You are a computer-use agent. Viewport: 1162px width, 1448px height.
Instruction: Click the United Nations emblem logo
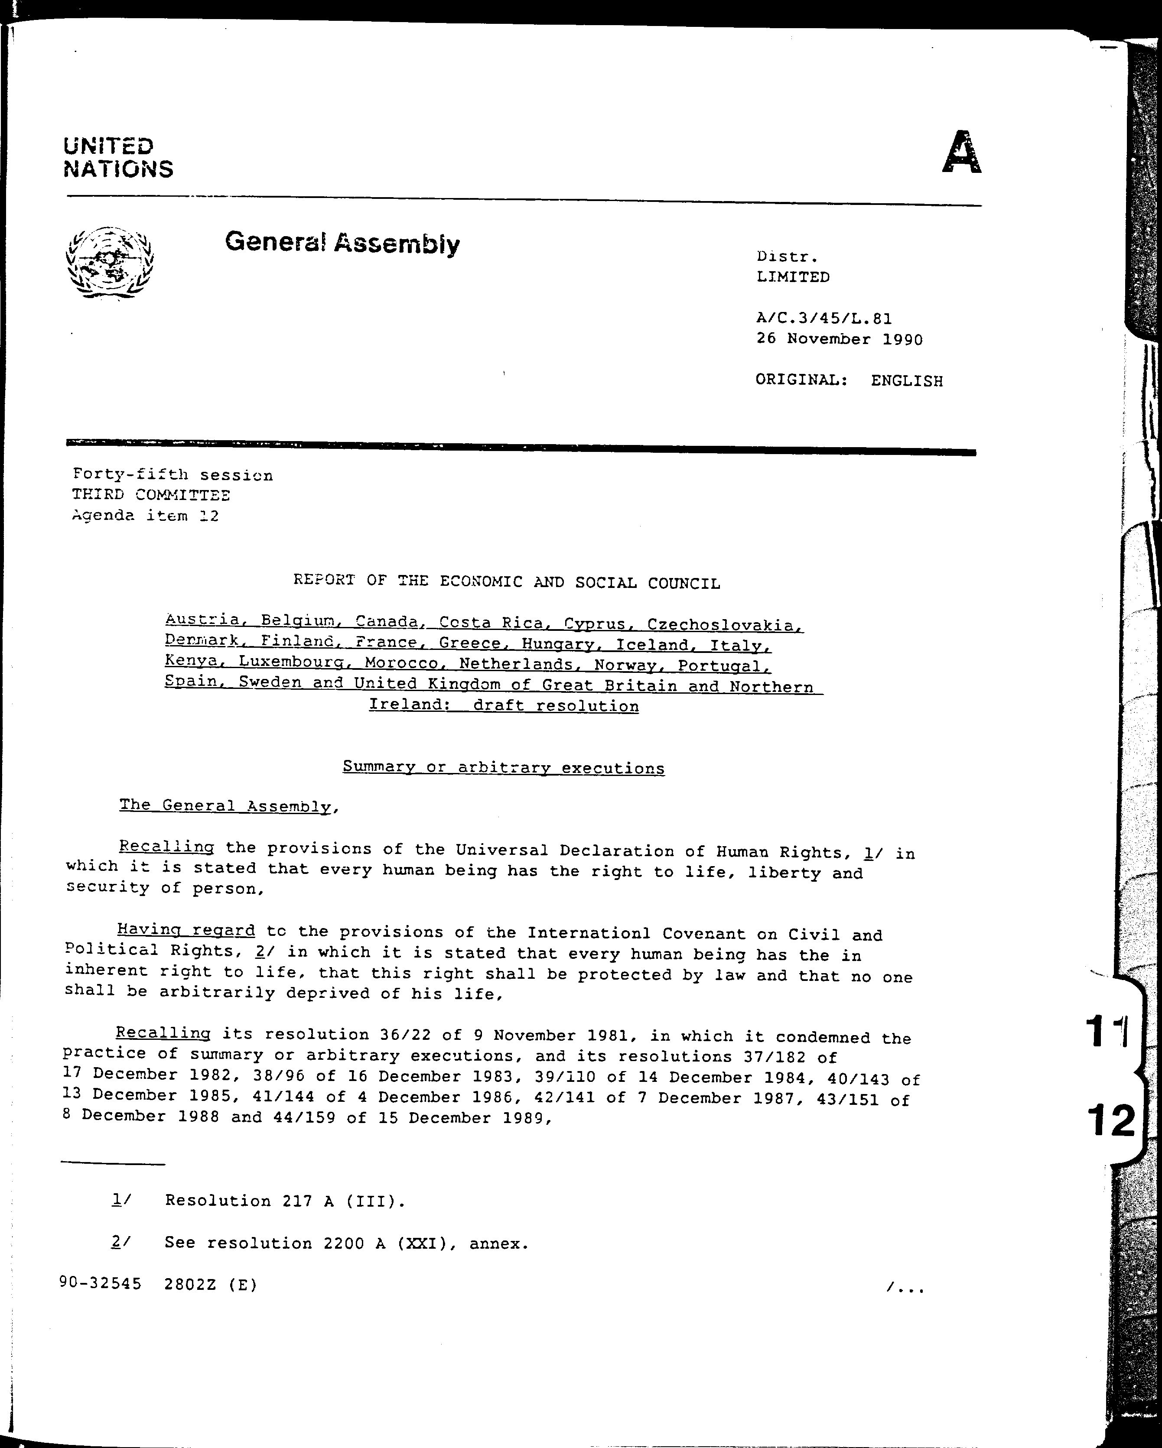(x=110, y=263)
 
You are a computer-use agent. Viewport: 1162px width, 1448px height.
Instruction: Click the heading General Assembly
(x=342, y=243)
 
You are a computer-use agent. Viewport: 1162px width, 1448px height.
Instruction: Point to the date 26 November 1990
(x=839, y=339)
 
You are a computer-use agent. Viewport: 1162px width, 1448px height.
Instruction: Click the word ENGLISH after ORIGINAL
(x=907, y=381)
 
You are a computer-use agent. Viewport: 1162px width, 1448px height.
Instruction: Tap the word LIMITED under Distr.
(x=793, y=277)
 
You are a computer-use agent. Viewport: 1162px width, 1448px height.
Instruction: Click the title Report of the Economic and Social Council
(x=506, y=581)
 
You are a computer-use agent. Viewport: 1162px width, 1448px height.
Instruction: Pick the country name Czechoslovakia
(x=725, y=625)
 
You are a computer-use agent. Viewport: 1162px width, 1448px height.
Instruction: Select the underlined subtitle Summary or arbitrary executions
(x=503, y=768)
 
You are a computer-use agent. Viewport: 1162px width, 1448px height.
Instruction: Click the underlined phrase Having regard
(x=186, y=930)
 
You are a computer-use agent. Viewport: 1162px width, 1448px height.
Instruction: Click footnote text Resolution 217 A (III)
(x=285, y=1201)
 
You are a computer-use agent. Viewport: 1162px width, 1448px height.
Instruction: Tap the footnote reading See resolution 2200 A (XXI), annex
(x=347, y=1243)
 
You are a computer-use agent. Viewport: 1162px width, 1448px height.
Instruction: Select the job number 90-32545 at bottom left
(x=100, y=1283)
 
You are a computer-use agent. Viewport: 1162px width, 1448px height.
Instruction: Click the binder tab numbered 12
(x=1112, y=1120)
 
